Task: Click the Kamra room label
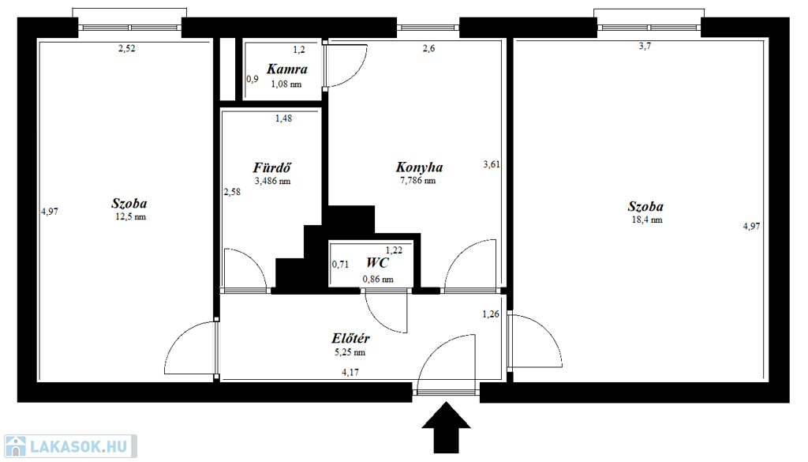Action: click(287, 69)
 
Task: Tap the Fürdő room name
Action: click(272, 167)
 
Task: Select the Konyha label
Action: click(419, 167)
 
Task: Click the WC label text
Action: click(377, 262)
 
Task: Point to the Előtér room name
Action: click(350, 338)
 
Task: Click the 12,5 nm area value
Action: click(130, 217)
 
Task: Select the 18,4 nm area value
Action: click(647, 220)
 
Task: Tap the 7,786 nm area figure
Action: click(418, 181)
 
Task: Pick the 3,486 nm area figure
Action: click(272, 182)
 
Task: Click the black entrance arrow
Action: click(447, 427)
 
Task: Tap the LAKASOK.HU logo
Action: click(70, 446)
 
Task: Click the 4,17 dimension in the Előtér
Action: click(350, 372)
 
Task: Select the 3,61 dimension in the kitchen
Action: click(492, 164)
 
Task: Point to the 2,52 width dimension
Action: click(127, 49)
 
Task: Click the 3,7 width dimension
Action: click(645, 47)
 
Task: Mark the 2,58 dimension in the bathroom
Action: click(232, 193)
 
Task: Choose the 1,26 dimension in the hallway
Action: click(491, 314)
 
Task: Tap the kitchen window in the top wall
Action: click(428, 28)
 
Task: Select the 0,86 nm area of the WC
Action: click(378, 280)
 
